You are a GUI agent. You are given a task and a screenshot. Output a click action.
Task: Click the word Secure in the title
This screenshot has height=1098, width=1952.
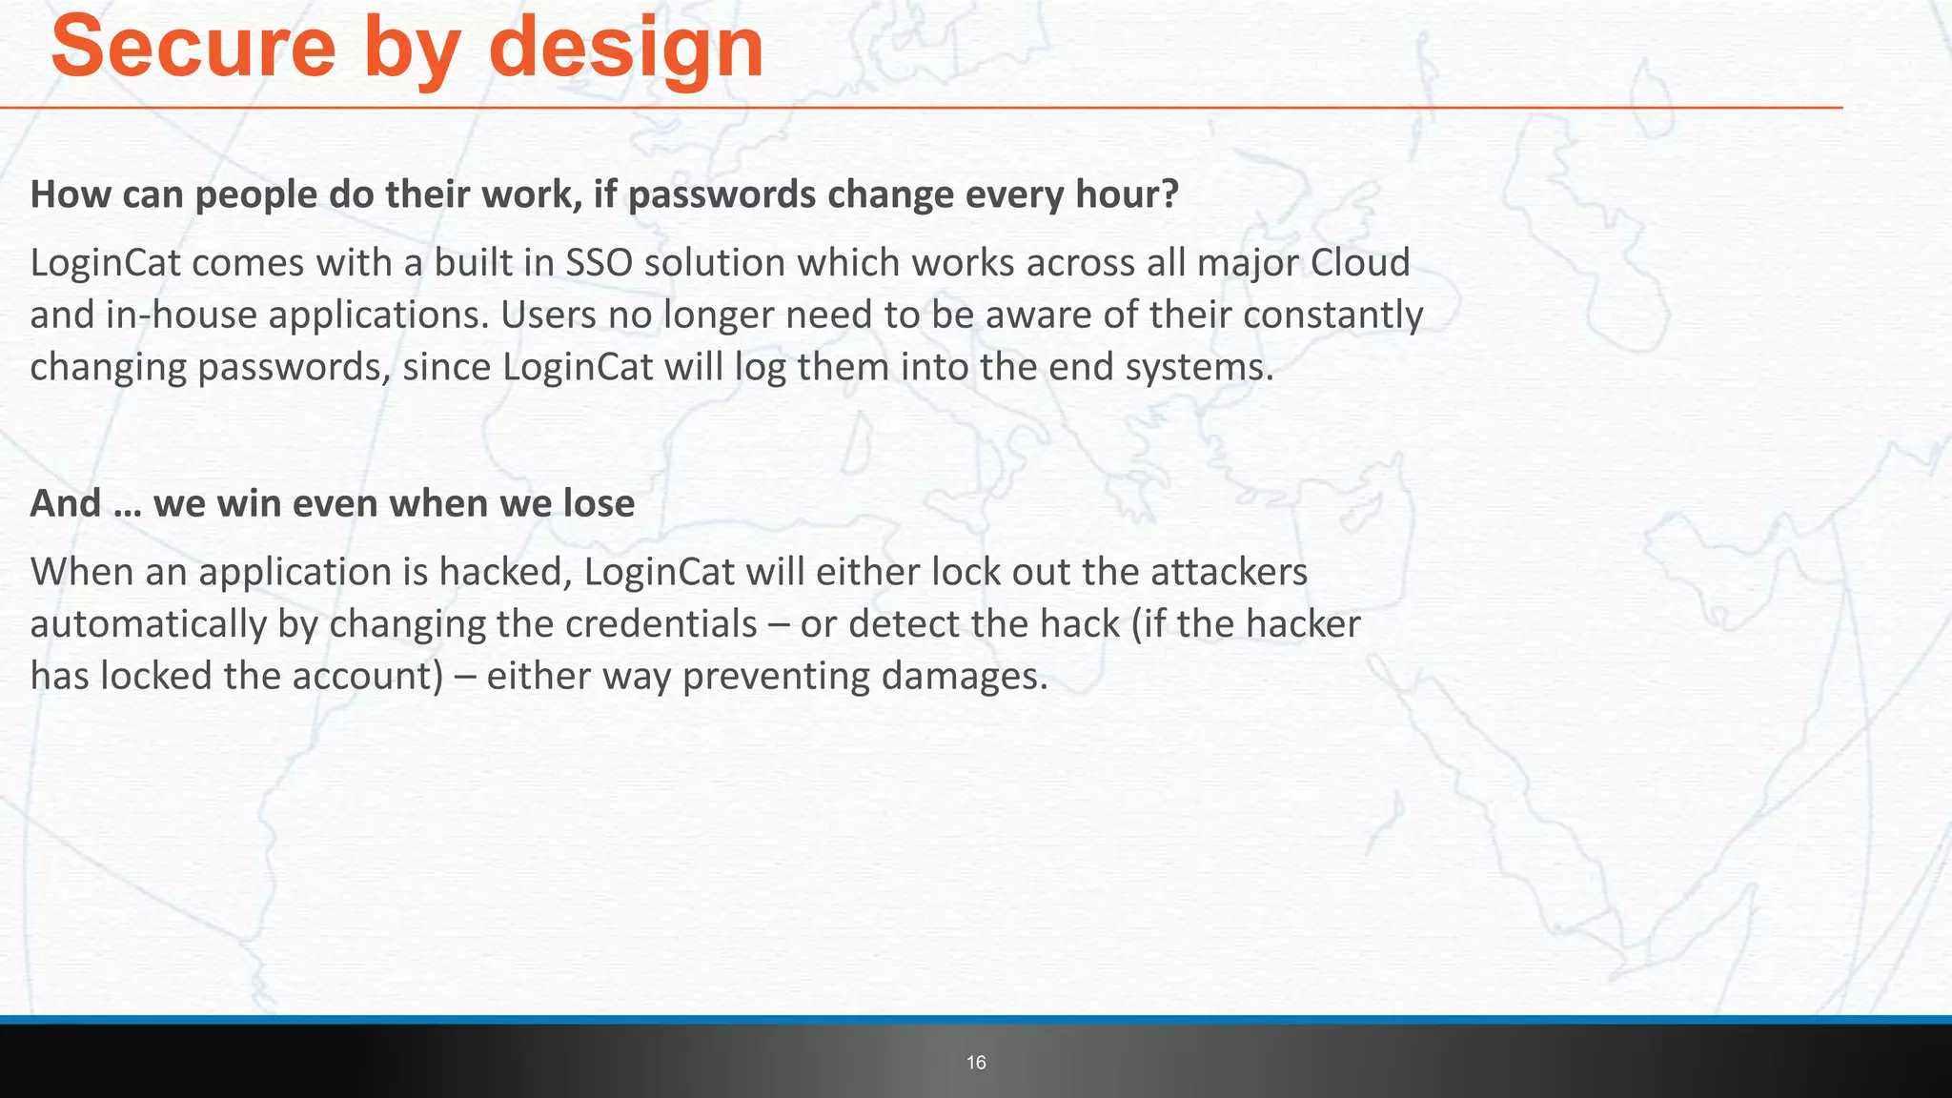point(193,48)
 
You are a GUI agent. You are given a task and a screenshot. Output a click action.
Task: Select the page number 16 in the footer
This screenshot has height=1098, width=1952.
point(976,1063)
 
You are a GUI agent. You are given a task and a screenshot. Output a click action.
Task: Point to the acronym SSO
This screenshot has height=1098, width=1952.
point(599,263)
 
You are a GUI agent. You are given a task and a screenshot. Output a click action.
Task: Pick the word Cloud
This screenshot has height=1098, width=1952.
point(1360,263)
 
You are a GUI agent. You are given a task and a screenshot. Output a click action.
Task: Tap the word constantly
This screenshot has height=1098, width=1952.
point(1333,315)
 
